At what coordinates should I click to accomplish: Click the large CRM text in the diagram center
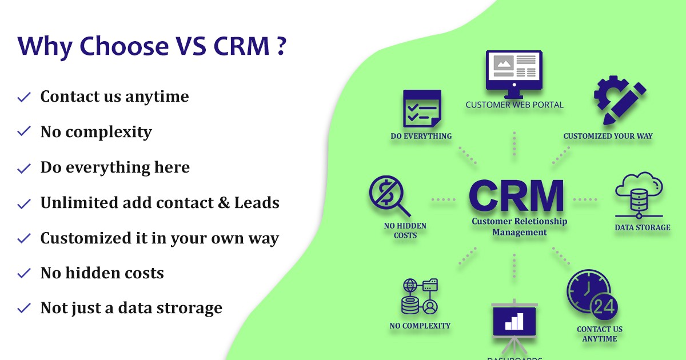click(516, 196)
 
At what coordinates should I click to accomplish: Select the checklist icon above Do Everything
click(422, 108)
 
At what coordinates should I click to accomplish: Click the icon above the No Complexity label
click(420, 297)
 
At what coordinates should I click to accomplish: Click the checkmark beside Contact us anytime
click(24, 97)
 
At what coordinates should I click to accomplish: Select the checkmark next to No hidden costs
click(24, 274)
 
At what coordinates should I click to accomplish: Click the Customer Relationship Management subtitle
click(519, 227)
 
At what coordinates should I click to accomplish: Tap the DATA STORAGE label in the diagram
click(642, 227)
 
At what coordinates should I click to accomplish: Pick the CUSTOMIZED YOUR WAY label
click(608, 136)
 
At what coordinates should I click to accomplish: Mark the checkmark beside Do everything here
click(24, 168)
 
